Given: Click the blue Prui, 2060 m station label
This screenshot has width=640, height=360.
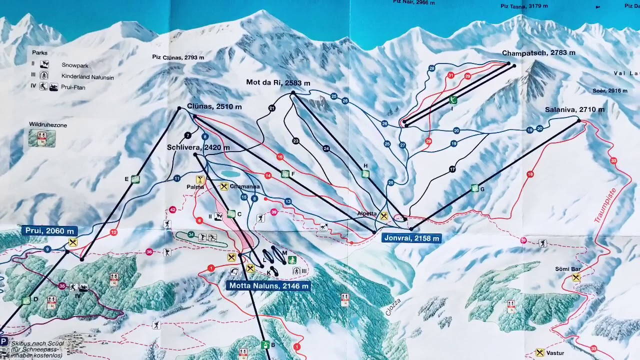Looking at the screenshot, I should [x=49, y=231].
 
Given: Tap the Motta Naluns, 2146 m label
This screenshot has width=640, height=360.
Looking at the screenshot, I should [x=268, y=286].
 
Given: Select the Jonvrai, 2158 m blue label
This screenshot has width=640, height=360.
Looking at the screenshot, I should [x=412, y=238].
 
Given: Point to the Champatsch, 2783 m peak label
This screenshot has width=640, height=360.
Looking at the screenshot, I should [x=538, y=52].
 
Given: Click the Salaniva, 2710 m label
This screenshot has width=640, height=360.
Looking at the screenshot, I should [x=574, y=109].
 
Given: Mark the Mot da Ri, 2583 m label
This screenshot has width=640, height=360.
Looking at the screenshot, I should [x=278, y=82].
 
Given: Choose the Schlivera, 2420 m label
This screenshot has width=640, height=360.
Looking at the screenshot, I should [x=198, y=147].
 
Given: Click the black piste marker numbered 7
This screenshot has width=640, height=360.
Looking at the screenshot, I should [x=187, y=135].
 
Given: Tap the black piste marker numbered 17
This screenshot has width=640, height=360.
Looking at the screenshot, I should [x=452, y=169].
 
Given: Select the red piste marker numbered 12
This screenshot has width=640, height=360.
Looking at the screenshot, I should [x=113, y=232].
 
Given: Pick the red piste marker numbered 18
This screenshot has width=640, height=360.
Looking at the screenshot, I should [x=530, y=174].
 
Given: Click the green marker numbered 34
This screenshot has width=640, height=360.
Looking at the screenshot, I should [x=191, y=234].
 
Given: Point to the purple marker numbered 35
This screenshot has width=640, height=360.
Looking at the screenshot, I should [x=62, y=286].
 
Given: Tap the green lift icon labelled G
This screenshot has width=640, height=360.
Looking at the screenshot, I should [x=474, y=188].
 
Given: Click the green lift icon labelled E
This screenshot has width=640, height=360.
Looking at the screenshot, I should [x=135, y=179].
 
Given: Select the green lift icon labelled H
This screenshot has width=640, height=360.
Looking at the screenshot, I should [x=365, y=173].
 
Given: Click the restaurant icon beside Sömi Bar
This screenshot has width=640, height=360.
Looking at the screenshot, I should [x=576, y=277].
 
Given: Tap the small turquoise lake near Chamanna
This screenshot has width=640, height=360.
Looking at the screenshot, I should [x=230, y=174].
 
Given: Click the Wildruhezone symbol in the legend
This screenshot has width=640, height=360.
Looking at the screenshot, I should [x=42, y=138].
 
